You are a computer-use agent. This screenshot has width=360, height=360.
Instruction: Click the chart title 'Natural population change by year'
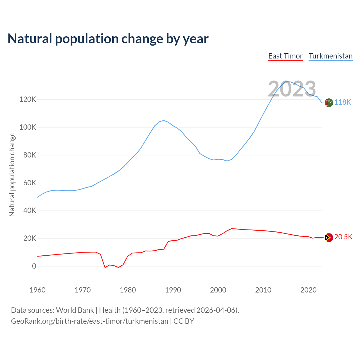pyautogui.click(x=108, y=39)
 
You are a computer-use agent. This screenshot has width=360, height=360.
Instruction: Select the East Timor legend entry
pyautogui.click(x=285, y=56)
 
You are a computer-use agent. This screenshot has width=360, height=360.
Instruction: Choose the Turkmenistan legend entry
pyautogui.click(x=330, y=56)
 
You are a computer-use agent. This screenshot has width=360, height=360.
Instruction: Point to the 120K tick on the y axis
pyautogui.click(x=28, y=100)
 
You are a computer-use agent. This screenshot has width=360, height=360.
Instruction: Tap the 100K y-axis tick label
pyautogui.click(x=28, y=127)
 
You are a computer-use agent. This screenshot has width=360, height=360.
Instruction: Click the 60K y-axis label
pyautogui.click(x=30, y=183)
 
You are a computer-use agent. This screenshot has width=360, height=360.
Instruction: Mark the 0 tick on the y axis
pyautogui.click(x=34, y=266)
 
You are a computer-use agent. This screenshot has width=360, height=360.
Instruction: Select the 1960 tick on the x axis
pyautogui.click(x=37, y=290)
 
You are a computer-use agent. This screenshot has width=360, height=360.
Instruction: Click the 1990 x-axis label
pyautogui.click(x=173, y=290)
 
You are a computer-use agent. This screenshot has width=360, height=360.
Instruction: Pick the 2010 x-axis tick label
pyautogui.click(x=263, y=290)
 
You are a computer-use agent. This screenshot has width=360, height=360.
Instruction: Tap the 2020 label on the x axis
pyautogui.click(x=309, y=290)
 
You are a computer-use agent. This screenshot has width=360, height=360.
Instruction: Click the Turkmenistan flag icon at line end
pyautogui.click(x=329, y=103)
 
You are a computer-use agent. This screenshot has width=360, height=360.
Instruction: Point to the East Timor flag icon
pyautogui.click(x=329, y=238)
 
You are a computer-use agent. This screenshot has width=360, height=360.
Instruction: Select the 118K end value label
pyautogui.click(x=343, y=102)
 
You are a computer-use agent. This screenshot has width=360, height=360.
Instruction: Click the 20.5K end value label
pyautogui.click(x=343, y=237)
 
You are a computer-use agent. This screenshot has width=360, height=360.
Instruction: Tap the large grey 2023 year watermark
pyautogui.click(x=292, y=89)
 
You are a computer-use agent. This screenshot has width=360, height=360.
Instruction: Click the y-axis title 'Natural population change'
pyautogui.click(x=12, y=174)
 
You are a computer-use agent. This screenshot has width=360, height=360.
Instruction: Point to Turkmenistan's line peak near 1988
pyautogui.click(x=164, y=120)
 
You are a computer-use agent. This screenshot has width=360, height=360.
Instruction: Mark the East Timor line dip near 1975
pyautogui.click(x=105, y=267)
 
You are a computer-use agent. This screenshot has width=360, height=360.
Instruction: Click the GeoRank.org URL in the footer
pyautogui.click(x=89, y=321)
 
